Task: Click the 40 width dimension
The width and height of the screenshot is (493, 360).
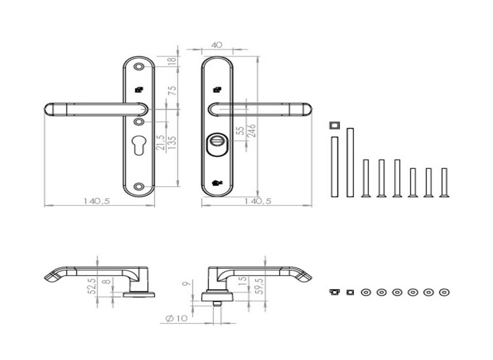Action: tap(217, 45)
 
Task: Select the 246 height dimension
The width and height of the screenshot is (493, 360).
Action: tap(252, 131)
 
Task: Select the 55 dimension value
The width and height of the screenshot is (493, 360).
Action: tap(240, 131)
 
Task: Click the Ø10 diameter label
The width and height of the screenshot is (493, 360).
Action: tap(176, 318)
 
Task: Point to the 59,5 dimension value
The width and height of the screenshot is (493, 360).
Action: tap(260, 286)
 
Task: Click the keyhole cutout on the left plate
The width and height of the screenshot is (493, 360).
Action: tap(138, 145)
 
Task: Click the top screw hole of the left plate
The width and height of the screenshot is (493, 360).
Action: tap(138, 66)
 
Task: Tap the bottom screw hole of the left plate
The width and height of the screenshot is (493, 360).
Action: tap(138, 187)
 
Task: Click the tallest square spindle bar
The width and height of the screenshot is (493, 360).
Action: tap(350, 162)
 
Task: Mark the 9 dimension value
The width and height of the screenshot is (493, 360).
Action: tap(187, 283)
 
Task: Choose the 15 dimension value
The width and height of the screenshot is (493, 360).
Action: tap(243, 280)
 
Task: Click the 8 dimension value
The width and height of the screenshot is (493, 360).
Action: tap(108, 280)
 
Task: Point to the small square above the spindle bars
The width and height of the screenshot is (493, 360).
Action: tap(334, 126)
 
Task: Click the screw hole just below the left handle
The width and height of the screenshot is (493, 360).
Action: tap(138, 122)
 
